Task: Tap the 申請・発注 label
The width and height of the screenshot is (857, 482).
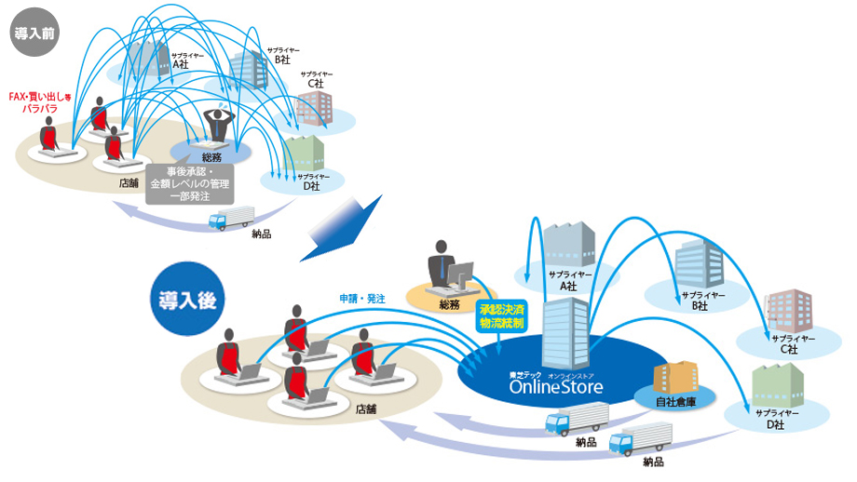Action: point(362,298)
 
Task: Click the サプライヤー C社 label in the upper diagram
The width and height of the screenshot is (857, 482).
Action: point(316,79)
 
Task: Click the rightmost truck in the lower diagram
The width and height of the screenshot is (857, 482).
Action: point(641,435)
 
